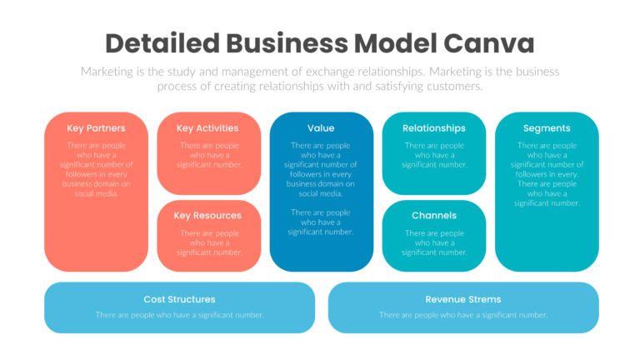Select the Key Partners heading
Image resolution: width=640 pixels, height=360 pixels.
point(96,128)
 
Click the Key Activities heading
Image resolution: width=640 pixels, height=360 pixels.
point(207,128)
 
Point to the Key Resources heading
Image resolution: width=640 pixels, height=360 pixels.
point(207,216)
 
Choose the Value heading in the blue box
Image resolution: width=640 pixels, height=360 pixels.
point(321,128)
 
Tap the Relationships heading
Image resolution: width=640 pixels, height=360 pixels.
point(433,128)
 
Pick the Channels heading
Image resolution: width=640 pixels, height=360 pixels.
point(433,216)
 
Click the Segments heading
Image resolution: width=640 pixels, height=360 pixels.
point(547,128)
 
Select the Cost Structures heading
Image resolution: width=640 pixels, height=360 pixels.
point(179,299)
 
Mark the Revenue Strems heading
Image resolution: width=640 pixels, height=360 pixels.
point(463,299)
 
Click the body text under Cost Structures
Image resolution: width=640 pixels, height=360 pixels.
point(179,315)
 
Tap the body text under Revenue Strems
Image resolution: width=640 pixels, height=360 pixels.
point(463,315)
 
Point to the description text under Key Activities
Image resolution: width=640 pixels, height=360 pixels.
point(209,155)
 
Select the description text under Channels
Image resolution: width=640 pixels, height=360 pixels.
point(434,242)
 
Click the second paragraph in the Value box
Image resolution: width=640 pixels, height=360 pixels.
point(321,222)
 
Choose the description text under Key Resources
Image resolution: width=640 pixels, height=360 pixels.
point(209,242)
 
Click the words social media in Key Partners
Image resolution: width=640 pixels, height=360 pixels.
point(96,193)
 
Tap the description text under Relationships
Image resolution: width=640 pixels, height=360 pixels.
point(434,155)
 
